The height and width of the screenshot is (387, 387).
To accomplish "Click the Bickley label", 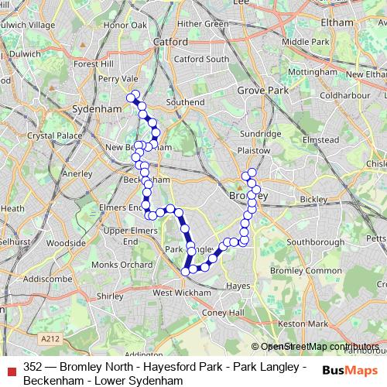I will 313,199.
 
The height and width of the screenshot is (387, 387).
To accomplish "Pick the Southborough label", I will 315,242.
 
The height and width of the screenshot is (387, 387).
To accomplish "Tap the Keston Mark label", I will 302,323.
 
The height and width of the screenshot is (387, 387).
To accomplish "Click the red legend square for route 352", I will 12,368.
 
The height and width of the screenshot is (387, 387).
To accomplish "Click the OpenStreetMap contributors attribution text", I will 320,347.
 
